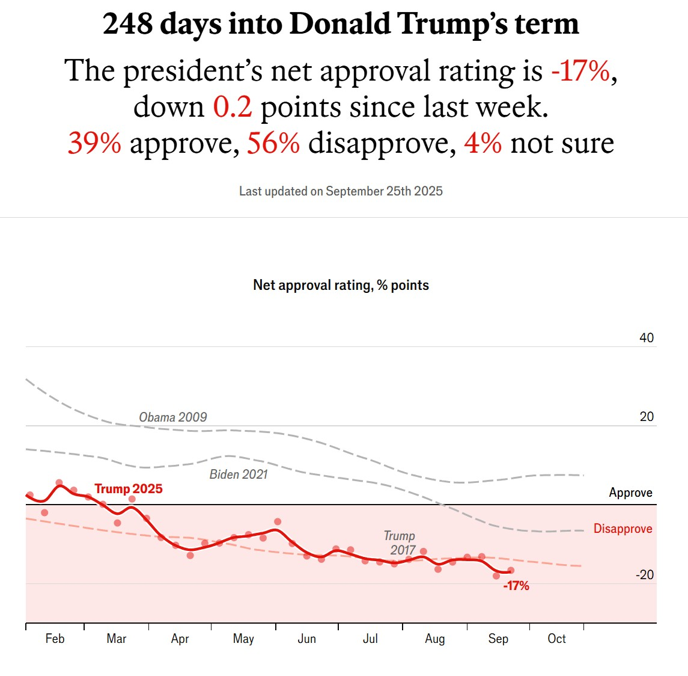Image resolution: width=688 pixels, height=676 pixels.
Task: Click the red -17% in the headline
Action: point(580,71)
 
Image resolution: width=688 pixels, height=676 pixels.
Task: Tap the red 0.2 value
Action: point(232,107)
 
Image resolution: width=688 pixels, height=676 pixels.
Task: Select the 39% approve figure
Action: point(94,143)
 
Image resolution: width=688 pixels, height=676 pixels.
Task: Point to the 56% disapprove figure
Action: point(273,143)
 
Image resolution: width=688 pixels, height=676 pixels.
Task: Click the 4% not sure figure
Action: point(483,143)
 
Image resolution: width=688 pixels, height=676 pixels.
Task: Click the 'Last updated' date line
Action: point(341,191)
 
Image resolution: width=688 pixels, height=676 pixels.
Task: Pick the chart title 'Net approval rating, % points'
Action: point(341,285)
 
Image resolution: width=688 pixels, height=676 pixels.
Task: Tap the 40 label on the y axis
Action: point(646,338)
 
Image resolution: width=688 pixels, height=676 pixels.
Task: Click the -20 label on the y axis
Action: point(644,575)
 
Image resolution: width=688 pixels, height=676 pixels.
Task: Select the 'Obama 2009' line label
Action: point(172,417)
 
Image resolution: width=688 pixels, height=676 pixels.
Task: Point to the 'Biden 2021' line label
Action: point(238,475)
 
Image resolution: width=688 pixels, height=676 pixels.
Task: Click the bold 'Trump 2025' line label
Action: point(128,489)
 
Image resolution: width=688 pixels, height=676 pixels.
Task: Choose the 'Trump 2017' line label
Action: point(400,543)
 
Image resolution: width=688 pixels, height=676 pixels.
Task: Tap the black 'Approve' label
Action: point(630,493)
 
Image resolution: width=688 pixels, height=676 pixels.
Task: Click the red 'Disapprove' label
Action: point(623,529)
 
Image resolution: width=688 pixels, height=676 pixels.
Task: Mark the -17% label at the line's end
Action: point(516,586)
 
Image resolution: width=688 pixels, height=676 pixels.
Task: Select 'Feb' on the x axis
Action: point(55,639)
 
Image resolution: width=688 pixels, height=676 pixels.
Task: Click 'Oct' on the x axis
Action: point(556,639)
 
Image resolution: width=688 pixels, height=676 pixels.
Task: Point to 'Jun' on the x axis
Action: point(306,639)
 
